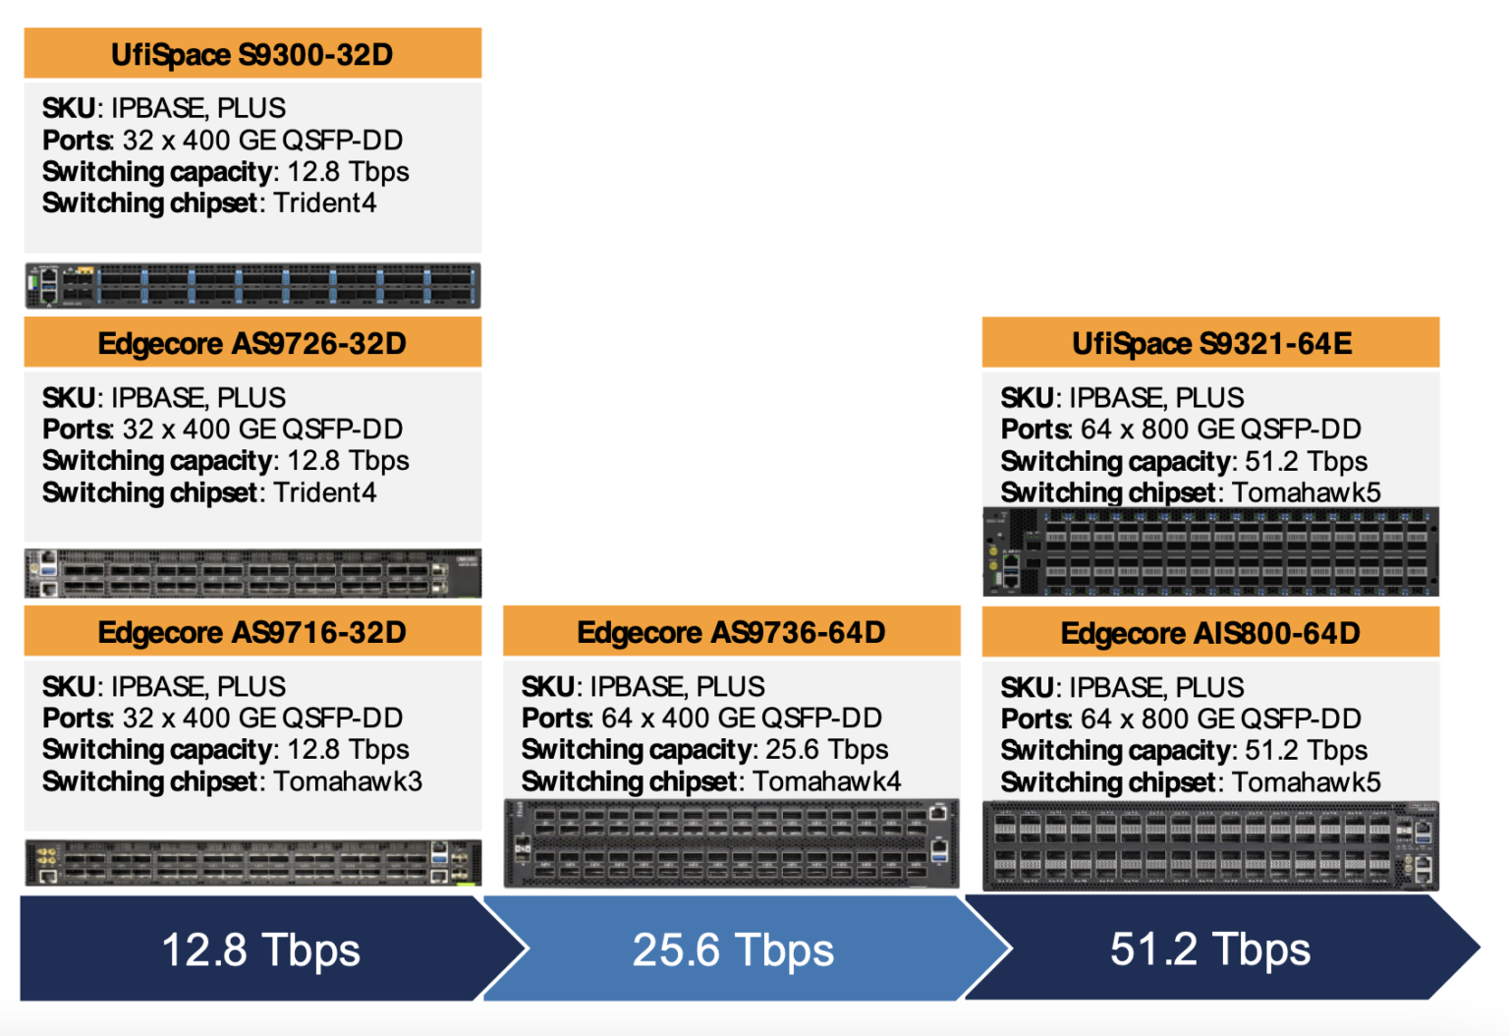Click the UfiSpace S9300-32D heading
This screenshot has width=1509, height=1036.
(x=251, y=54)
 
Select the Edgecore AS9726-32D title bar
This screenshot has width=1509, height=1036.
(x=251, y=343)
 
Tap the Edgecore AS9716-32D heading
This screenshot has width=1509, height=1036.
(x=251, y=632)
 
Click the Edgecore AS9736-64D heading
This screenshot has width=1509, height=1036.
(x=731, y=632)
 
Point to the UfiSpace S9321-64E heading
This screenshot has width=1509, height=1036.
(x=1211, y=343)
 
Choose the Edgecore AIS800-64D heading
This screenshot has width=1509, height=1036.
(x=1210, y=633)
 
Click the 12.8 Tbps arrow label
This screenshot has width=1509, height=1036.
(x=260, y=950)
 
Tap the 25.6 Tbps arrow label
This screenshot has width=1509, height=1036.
(x=733, y=950)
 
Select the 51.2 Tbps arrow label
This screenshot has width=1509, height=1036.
(x=1210, y=949)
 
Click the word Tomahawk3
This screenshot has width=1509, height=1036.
(x=348, y=781)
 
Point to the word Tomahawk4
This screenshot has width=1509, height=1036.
(x=827, y=781)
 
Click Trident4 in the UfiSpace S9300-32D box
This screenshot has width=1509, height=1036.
(x=325, y=202)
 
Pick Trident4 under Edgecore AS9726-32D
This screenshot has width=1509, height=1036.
(x=325, y=492)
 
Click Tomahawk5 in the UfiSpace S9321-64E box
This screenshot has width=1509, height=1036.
(x=1307, y=492)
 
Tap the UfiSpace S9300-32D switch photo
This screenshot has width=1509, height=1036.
(x=252, y=286)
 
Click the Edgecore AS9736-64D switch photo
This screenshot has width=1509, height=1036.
(x=731, y=843)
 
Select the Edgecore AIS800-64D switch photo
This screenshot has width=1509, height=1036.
(x=1210, y=845)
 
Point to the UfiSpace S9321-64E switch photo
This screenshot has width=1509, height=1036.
(x=1210, y=552)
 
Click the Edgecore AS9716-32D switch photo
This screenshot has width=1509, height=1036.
(x=252, y=863)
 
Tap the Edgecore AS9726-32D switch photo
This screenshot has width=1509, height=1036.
(x=252, y=573)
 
